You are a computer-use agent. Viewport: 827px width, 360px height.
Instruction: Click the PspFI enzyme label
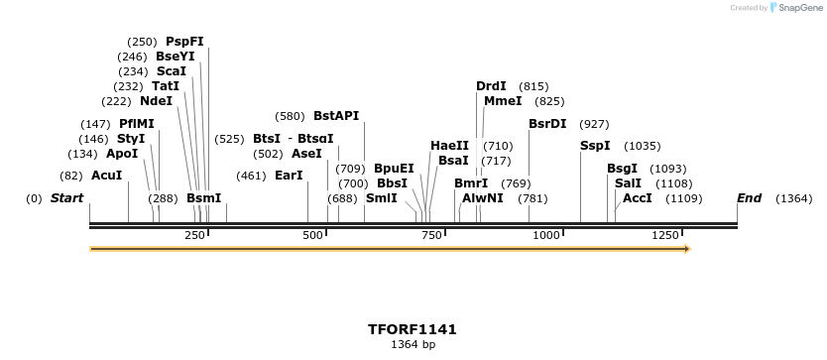184,42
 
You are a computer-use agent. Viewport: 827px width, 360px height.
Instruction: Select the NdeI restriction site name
156,101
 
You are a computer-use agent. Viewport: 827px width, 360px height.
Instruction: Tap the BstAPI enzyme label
336,116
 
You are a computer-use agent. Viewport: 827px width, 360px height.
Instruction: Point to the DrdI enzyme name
491,86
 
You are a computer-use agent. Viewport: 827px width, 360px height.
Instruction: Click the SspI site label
595,146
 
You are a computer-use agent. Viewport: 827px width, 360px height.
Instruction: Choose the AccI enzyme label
637,198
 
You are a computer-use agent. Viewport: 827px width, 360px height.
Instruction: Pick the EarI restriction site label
289,176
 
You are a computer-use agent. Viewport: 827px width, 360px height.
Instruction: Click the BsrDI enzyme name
547,124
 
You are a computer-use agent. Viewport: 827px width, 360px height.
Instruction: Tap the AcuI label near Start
106,176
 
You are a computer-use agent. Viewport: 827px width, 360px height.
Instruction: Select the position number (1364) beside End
793,198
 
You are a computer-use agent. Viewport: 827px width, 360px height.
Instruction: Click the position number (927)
594,124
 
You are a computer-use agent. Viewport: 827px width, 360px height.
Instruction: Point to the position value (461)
251,176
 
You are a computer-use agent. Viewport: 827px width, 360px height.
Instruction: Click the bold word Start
66,198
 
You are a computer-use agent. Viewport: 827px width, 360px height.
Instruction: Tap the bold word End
749,198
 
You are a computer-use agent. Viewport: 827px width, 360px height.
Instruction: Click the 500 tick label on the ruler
313,235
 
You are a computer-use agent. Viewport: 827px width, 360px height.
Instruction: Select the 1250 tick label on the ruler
664,235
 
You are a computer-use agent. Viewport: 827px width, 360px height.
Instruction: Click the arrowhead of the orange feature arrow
685,248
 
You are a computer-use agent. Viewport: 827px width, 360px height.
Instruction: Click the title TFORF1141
413,329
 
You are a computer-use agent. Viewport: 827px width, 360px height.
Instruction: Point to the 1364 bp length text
413,345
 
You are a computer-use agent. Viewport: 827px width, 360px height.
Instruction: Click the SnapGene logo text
800,8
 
